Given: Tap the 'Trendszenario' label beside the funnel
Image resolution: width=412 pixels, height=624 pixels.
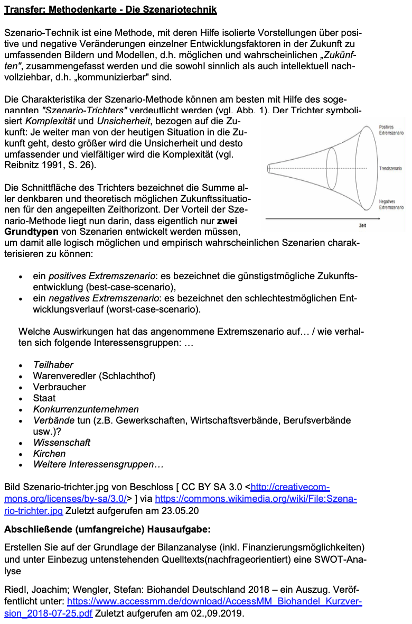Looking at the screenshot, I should (390, 168).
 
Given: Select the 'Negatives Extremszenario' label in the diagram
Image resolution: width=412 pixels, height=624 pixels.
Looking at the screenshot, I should (391, 205).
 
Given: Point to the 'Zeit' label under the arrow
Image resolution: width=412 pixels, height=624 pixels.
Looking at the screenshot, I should (363, 225).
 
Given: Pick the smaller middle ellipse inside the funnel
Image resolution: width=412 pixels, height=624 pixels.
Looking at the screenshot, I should (332, 168).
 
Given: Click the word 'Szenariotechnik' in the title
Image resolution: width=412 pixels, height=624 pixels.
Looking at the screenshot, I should (184, 10).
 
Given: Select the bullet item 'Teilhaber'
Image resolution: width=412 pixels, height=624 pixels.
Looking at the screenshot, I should (53, 365).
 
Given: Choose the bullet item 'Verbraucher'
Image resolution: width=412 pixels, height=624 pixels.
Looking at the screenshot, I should (59, 387).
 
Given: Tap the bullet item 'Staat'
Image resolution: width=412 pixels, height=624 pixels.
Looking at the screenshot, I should (44, 398).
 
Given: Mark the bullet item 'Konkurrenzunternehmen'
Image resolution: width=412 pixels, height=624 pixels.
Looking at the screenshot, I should (86, 409).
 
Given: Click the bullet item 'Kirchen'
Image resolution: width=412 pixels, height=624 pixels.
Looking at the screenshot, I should (49, 454).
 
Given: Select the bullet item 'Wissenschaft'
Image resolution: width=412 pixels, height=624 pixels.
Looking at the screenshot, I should (62, 443).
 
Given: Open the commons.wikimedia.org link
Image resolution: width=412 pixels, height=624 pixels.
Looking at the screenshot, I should (256, 499).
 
